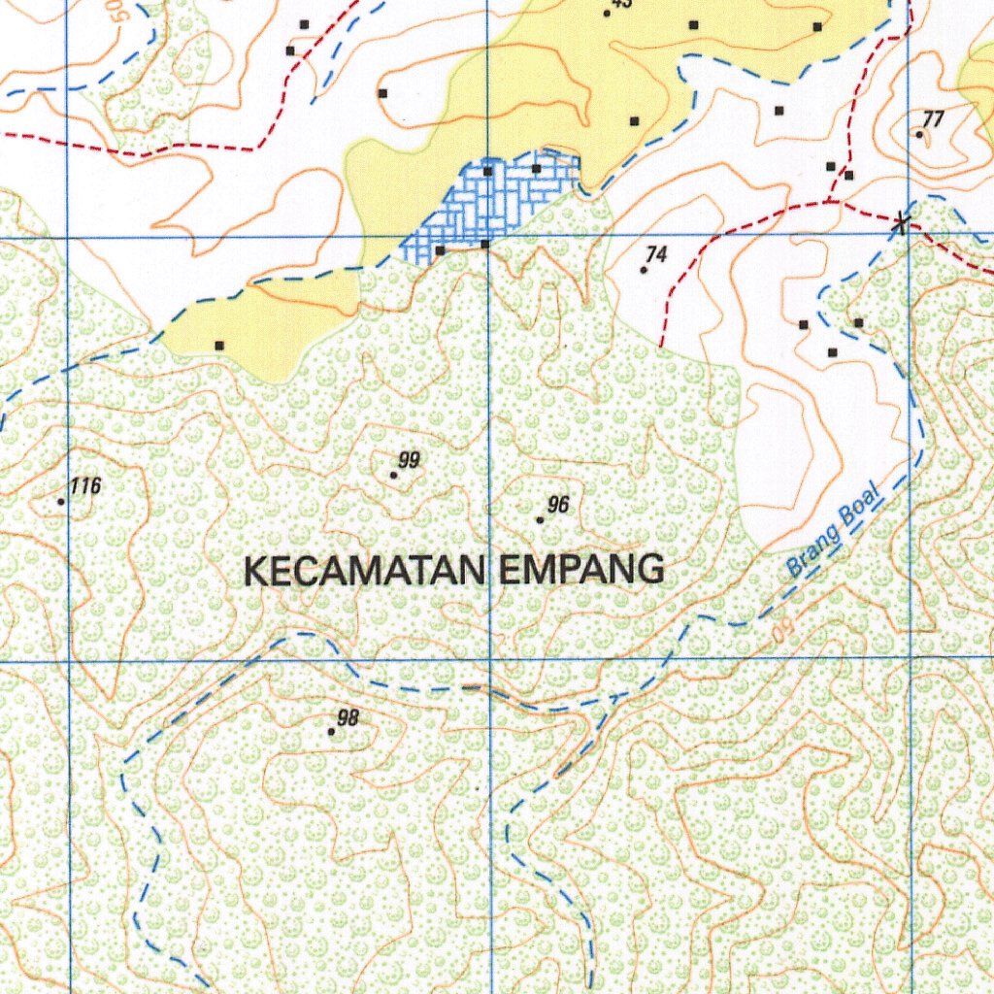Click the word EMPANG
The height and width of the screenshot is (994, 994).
(581, 570)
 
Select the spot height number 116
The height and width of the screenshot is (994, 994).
(85, 486)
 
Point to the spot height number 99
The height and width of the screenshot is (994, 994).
(409, 460)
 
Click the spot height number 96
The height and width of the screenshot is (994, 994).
(557, 505)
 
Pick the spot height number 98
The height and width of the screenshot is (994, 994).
(348, 718)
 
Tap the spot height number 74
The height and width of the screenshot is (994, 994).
(656, 254)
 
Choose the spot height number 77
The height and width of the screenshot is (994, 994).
(933, 119)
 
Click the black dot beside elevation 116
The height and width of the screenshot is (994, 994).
(61, 502)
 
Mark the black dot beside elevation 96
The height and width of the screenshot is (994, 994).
(540, 520)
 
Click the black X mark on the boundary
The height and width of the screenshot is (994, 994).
(902, 224)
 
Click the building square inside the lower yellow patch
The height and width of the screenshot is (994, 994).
(219, 345)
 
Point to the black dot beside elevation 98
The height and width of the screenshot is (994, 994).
(331, 732)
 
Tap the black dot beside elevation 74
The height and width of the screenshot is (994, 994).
(644, 270)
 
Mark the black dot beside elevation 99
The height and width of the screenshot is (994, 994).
(393, 475)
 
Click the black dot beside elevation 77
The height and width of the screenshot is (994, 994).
(919, 134)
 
